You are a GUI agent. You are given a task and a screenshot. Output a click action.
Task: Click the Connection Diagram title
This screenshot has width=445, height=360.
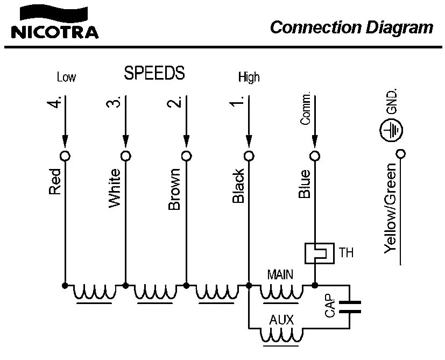click(351, 27)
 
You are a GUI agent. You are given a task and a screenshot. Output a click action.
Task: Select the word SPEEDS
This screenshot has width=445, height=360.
click(154, 73)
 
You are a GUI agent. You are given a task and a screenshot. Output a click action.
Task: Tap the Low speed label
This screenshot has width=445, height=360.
click(66, 77)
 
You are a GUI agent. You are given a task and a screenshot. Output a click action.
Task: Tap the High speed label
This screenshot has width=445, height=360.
click(249, 77)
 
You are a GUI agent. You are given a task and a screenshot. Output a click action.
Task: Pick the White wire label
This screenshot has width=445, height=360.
click(115, 187)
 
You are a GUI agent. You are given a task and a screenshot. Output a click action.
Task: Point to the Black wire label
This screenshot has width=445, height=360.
click(238, 186)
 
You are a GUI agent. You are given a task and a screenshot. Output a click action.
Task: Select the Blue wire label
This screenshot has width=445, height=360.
click(304, 184)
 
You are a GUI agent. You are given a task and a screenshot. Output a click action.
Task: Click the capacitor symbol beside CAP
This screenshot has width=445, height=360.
click(349, 306)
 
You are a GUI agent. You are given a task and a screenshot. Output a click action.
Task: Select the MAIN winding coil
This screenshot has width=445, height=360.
click(281, 293)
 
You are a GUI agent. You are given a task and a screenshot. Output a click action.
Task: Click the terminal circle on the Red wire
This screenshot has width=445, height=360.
click(65, 156)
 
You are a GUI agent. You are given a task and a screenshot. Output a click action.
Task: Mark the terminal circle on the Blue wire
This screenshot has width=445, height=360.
click(315, 156)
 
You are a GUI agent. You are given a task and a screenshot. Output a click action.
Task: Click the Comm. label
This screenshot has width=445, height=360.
click(306, 110)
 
